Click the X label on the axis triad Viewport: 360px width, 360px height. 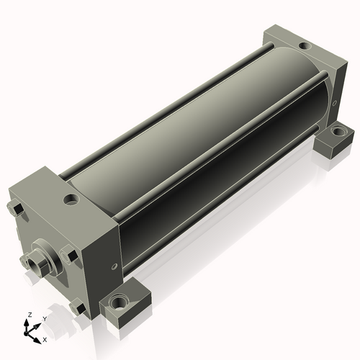[45, 340]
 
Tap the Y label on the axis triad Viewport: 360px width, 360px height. [45, 319]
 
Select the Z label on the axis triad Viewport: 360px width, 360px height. [30, 315]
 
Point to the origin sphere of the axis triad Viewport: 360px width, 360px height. [26, 333]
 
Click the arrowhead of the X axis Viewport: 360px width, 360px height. [37, 341]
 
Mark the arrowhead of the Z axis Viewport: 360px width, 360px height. [26, 323]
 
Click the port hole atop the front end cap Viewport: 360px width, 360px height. [71, 199]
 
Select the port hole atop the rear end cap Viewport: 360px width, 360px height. [305, 45]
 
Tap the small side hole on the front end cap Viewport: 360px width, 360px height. [114, 266]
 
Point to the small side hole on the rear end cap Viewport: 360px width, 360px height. [335, 103]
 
